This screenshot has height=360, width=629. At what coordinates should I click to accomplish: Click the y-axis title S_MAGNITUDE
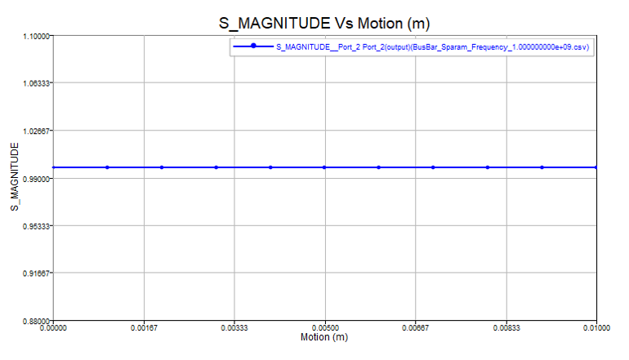pyautogui.click(x=14, y=177)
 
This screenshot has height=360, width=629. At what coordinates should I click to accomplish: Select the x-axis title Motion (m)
pyautogui.click(x=325, y=336)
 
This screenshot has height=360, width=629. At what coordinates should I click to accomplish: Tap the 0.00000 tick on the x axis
pyautogui.click(x=54, y=328)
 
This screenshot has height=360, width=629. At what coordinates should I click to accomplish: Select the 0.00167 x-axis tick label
pyautogui.click(x=145, y=328)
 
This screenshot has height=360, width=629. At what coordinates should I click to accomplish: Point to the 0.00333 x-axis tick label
pyautogui.click(x=234, y=328)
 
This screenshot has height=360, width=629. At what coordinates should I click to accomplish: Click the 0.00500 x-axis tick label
pyautogui.click(x=325, y=328)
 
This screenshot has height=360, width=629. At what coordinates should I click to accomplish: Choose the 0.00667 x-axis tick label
pyautogui.click(x=416, y=328)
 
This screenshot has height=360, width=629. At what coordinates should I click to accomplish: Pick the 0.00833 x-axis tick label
pyautogui.click(x=506, y=328)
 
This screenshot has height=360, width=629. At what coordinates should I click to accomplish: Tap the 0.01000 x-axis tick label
pyautogui.click(x=596, y=328)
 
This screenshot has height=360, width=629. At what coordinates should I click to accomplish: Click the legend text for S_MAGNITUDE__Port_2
pyautogui.click(x=433, y=47)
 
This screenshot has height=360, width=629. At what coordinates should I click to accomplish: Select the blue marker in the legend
pyautogui.click(x=254, y=47)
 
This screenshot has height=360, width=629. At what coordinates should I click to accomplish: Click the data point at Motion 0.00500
pyautogui.click(x=325, y=167)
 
